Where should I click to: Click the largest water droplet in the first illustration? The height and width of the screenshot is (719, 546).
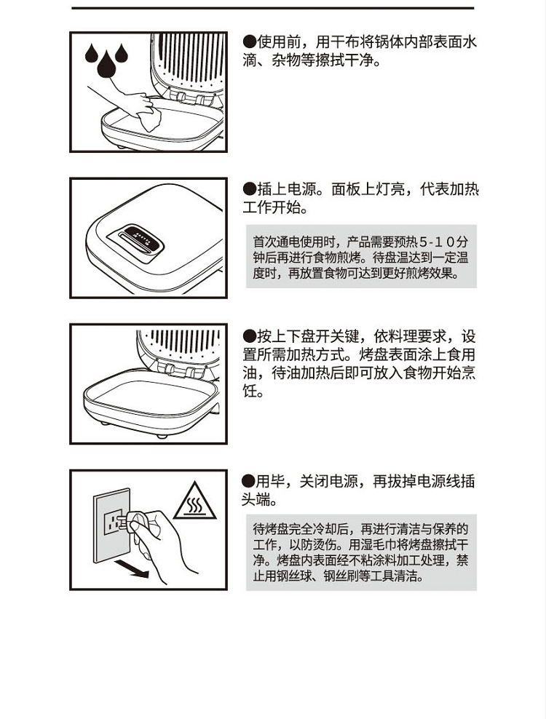pos(106,65)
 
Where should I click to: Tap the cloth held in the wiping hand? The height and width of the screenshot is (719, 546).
pos(149,117)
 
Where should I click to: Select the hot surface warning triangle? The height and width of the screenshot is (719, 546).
pos(194,501)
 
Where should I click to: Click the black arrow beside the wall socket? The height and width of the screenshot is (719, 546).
pos(132,568)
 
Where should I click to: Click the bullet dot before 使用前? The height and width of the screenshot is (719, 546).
pos(249,42)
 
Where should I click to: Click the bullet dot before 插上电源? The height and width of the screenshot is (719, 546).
pos(249,189)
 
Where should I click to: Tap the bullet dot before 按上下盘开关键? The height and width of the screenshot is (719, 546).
pos(249,336)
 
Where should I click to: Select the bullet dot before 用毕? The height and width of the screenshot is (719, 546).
pos(248,482)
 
